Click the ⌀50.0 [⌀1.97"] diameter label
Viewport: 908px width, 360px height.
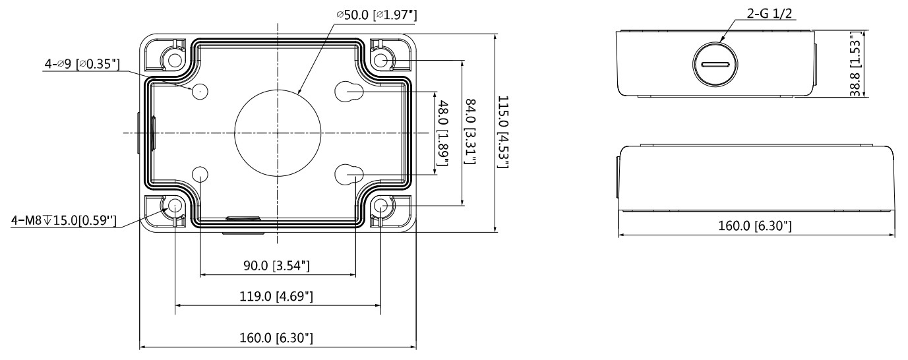point(377,15)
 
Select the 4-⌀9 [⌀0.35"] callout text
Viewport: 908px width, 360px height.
point(82,64)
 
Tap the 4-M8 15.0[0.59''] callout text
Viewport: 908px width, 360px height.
point(64,220)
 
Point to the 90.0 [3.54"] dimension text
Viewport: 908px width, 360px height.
point(276,266)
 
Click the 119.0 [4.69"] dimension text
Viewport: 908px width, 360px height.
point(276,296)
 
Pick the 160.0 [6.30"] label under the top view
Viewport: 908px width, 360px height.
point(276,338)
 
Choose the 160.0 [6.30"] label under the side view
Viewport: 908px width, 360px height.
point(755,225)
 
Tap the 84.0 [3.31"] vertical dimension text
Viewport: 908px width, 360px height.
point(470,132)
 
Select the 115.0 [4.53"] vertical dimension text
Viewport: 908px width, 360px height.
point(503,132)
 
